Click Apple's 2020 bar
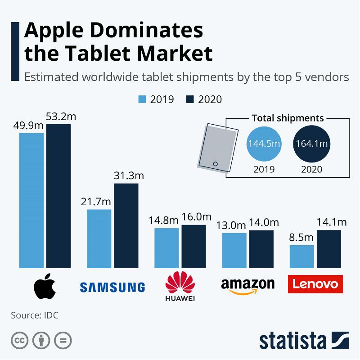point(58,196)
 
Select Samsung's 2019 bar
point(99,238)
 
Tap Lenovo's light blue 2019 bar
point(301,256)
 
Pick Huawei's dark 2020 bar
point(193,246)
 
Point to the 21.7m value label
point(99,202)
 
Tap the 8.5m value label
point(301,238)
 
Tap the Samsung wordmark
point(112,287)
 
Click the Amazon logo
point(247,286)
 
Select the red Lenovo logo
point(315,284)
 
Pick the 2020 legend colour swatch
point(189,99)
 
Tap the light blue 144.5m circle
point(264,144)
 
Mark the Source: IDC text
point(34,315)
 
